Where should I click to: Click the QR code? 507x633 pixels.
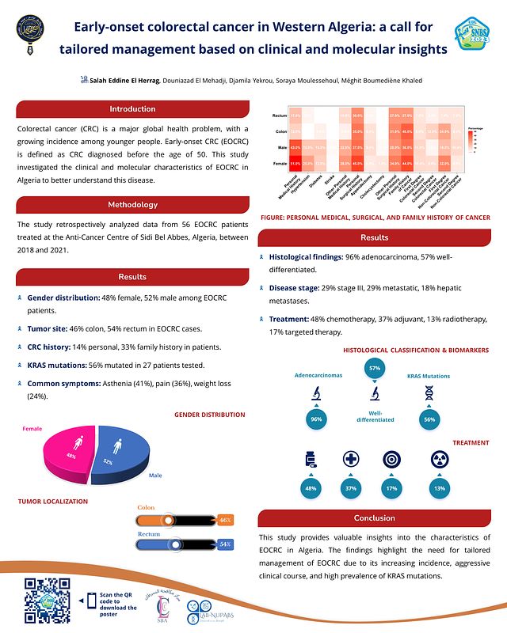click(47, 603)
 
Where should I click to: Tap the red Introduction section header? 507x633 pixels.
click(132, 108)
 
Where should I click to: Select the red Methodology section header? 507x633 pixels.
click(132, 205)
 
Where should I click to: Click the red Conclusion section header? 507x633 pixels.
click(374, 518)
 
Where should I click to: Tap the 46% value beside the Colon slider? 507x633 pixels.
click(225, 520)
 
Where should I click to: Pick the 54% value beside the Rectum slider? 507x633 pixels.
click(225, 544)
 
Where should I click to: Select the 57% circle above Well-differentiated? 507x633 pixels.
click(374, 369)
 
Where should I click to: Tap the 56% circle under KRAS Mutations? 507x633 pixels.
click(429, 419)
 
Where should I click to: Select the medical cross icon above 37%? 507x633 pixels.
click(351, 460)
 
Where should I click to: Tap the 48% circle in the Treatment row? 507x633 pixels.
click(311, 489)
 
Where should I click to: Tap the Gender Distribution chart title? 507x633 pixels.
click(209, 415)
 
